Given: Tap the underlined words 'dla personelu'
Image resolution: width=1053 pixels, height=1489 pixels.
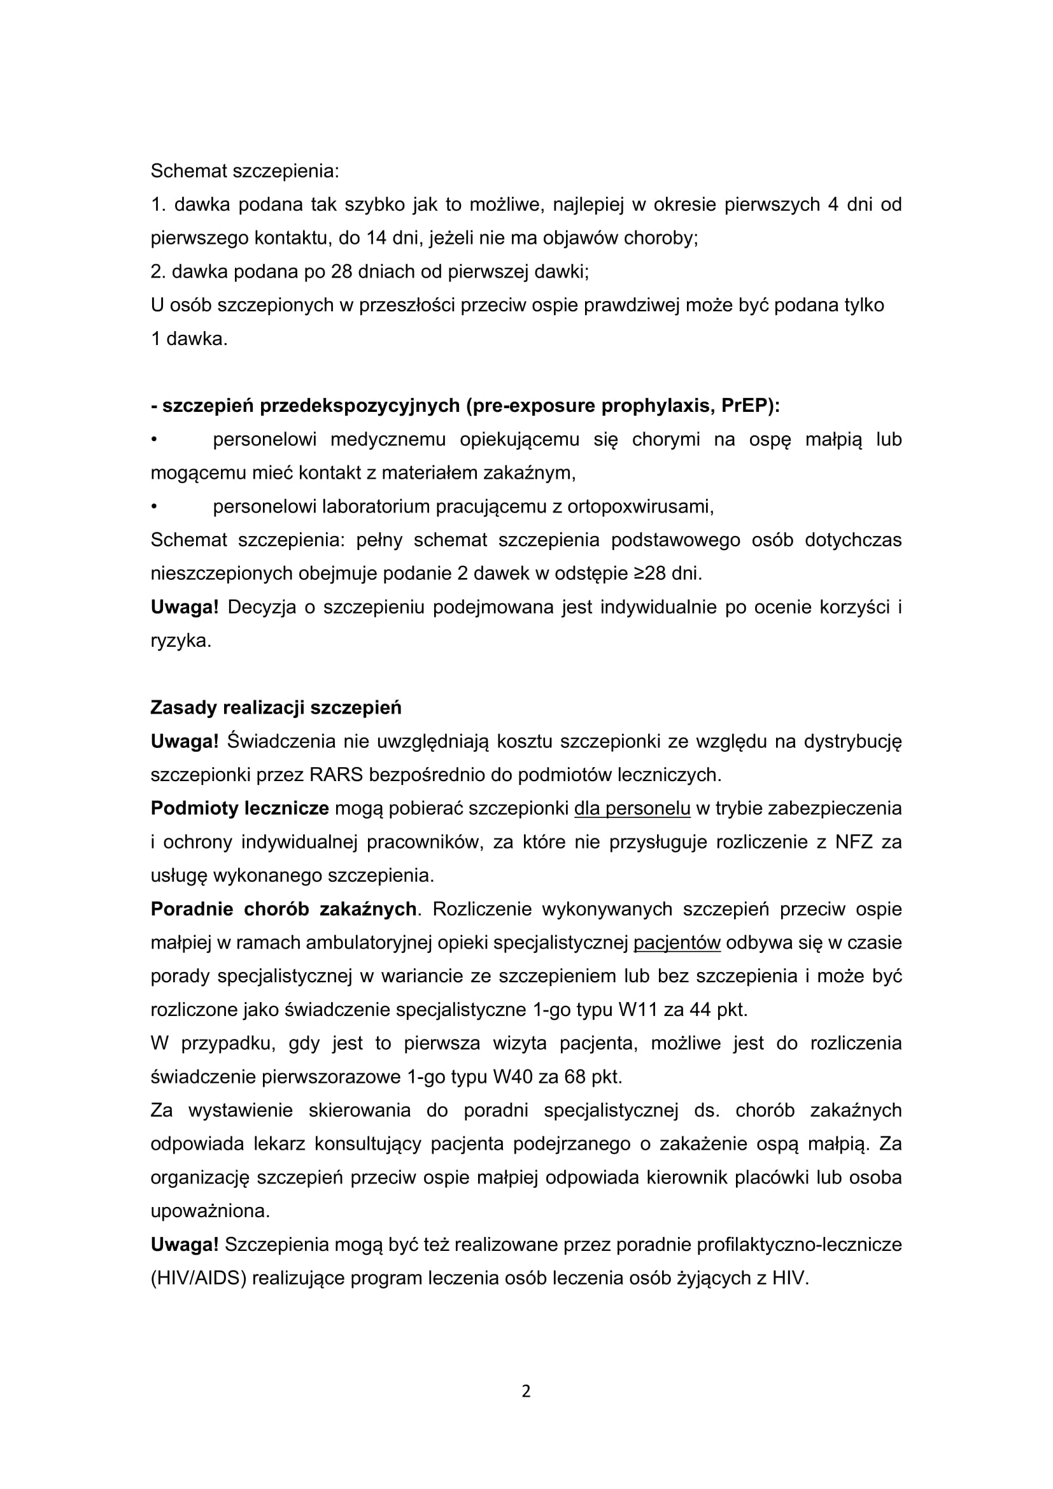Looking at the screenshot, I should click(x=632, y=808).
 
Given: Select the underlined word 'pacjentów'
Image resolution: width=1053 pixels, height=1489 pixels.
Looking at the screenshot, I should click(x=677, y=943).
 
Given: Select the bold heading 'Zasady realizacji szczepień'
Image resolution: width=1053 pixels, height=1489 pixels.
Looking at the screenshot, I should click(x=276, y=707).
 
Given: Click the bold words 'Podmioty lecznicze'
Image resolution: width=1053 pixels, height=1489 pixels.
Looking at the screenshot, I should click(x=239, y=808).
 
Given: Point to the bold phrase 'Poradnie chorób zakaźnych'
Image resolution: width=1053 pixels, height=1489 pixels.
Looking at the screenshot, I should click(x=283, y=909).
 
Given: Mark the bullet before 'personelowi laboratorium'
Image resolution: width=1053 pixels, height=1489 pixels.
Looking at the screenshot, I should click(x=154, y=507).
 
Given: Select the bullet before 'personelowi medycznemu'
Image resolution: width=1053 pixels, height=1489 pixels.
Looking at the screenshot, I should click(x=154, y=440).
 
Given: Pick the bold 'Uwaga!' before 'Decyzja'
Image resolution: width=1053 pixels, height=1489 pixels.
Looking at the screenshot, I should click(x=184, y=608).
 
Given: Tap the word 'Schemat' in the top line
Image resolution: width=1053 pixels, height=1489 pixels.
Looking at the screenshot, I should click(x=188, y=171).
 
